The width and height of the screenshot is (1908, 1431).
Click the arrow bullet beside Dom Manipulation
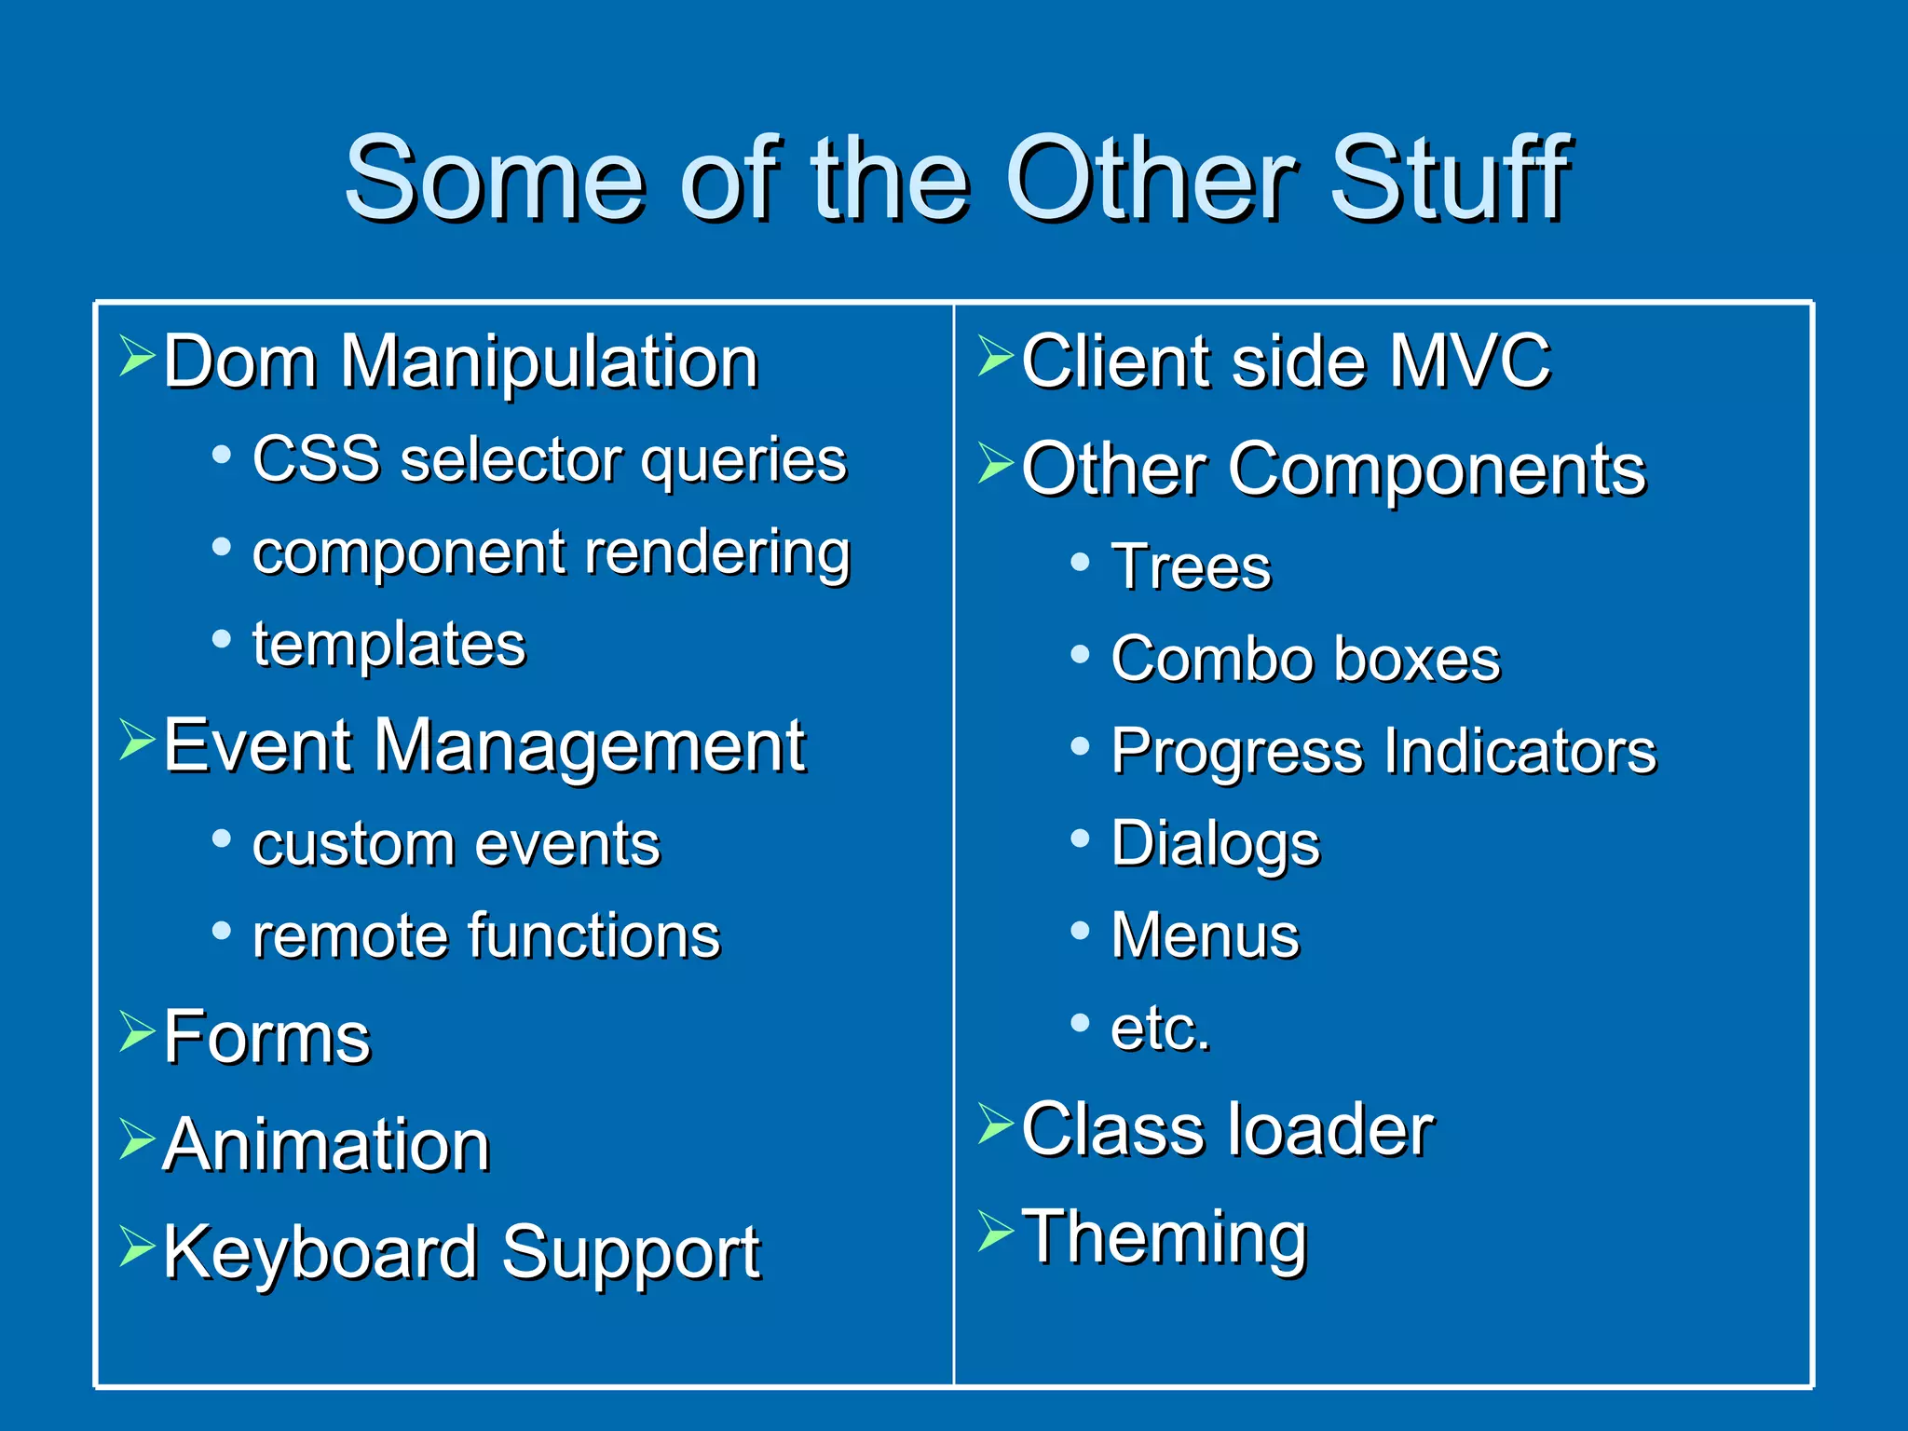pyautogui.click(x=137, y=357)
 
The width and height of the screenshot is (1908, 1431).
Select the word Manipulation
pyautogui.click(x=549, y=361)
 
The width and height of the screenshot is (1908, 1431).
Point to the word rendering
pyautogui.click(x=717, y=552)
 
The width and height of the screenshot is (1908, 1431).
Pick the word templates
pyautogui.click(x=388, y=645)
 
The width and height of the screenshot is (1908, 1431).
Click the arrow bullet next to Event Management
pyautogui.click(x=137, y=741)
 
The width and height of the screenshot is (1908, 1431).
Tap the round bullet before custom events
pyautogui.click(x=221, y=838)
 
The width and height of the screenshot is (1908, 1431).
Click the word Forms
pyautogui.click(x=266, y=1037)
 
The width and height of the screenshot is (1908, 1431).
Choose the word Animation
pyautogui.click(x=326, y=1145)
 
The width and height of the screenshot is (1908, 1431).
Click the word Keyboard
pyautogui.click(x=320, y=1252)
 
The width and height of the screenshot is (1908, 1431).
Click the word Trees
pyautogui.click(x=1191, y=566)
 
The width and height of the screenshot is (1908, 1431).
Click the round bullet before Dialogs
pyautogui.click(x=1080, y=838)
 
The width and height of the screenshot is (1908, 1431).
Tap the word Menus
pyautogui.click(x=1205, y=935)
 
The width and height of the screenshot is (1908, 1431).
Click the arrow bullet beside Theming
pyautogui.click(x=995, y=1231)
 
